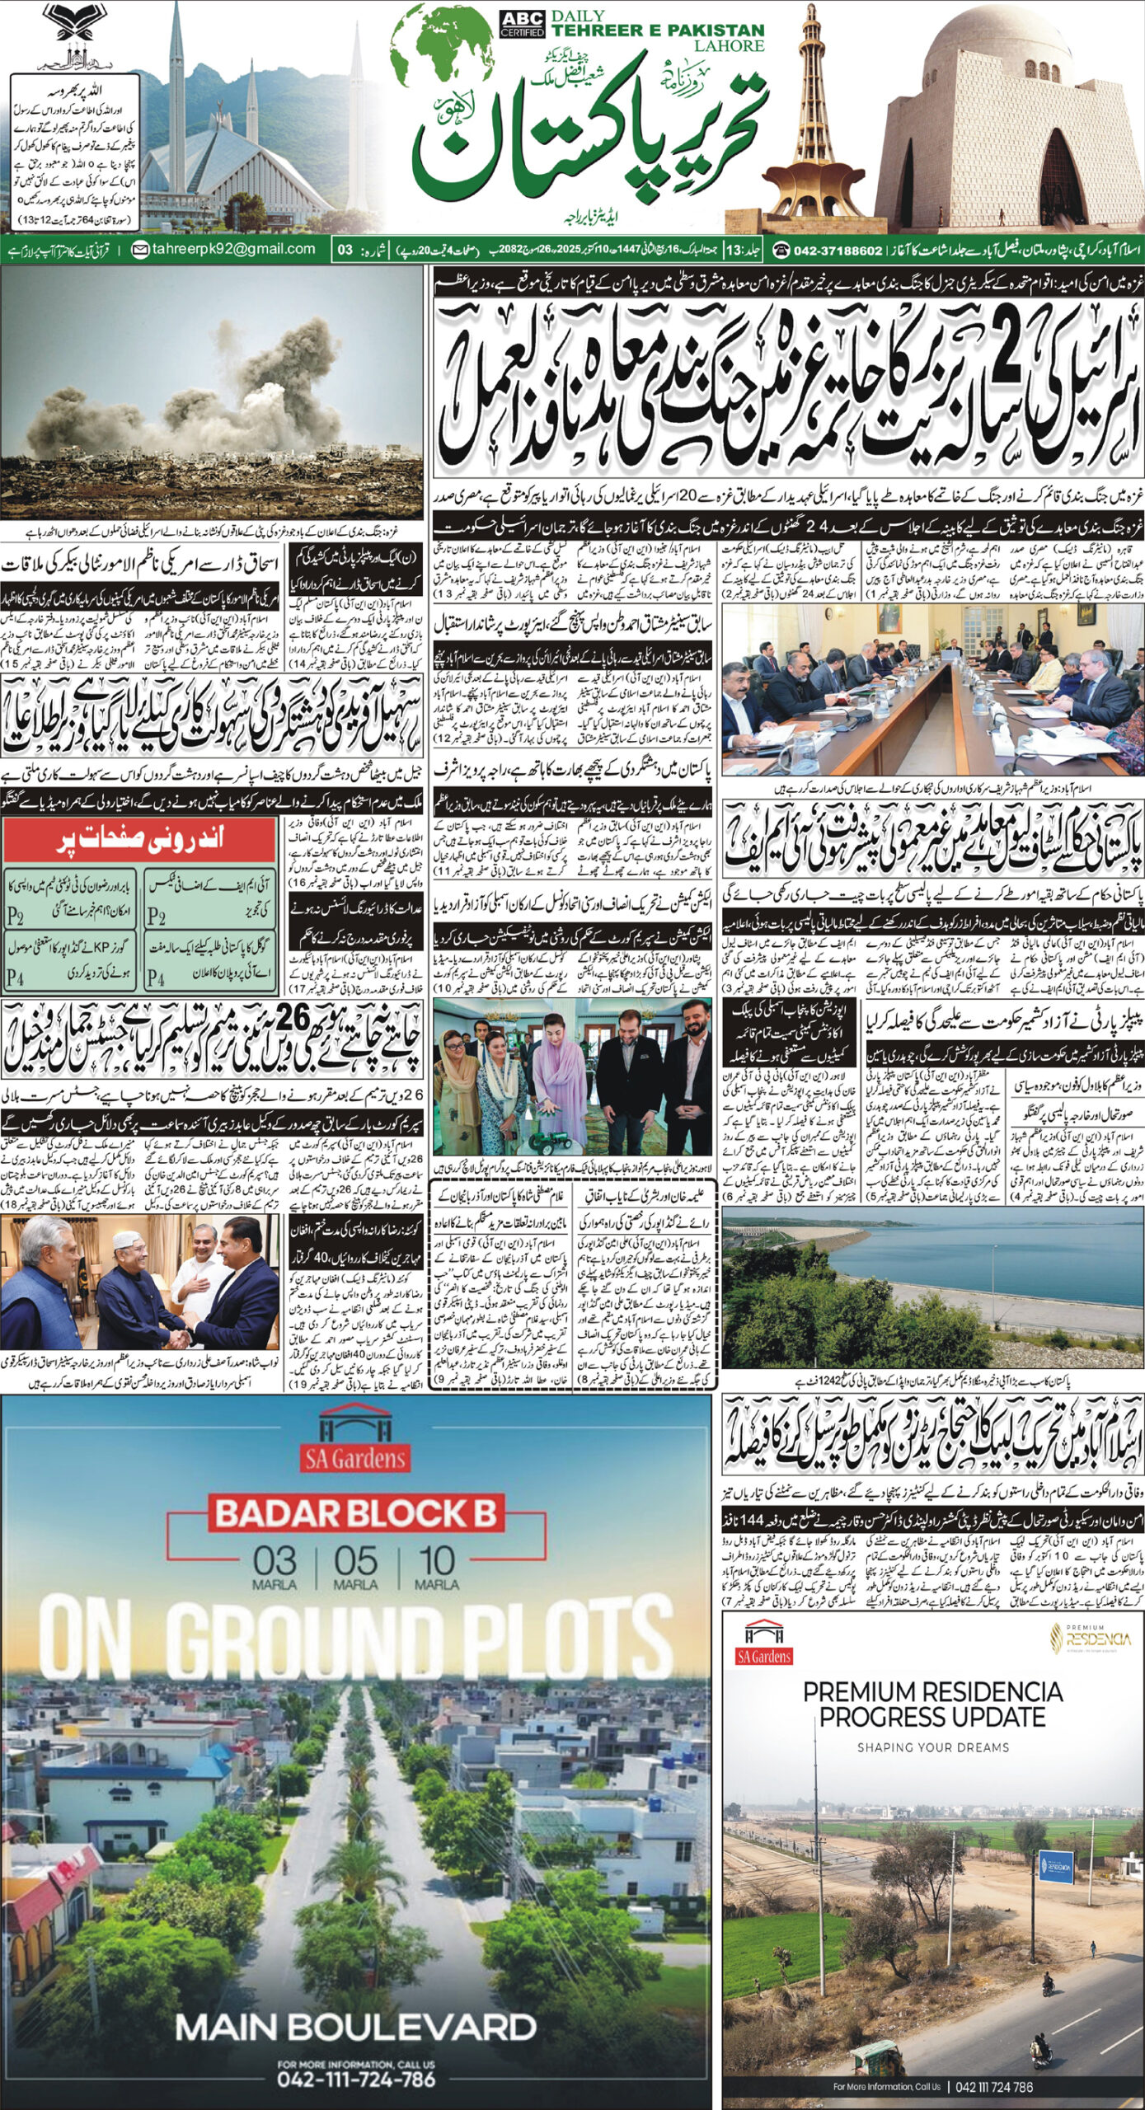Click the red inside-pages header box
138,840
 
